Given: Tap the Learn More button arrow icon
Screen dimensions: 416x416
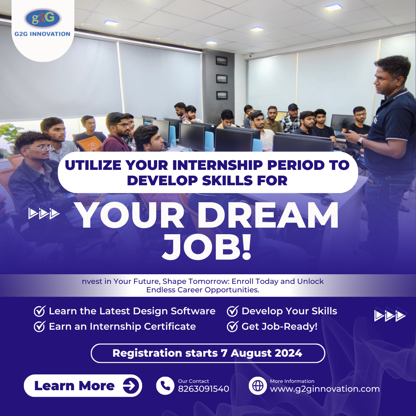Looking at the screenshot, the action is pos(131,386).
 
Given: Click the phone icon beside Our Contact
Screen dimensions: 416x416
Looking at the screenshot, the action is pos(165,386).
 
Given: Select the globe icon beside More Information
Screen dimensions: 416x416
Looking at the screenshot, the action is pos(258,386).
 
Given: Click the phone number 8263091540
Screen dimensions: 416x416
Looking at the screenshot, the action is pos(203,389).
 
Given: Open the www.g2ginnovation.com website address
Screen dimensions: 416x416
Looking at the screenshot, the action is pos(325,389).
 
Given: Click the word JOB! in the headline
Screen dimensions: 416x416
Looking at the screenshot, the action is pos(206,247).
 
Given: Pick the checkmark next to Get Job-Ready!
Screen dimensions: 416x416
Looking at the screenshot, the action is pos(232,326).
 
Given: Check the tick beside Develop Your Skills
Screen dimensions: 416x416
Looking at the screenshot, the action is pos(232,311).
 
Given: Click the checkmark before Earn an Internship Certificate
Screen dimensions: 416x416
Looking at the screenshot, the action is pos(40,326).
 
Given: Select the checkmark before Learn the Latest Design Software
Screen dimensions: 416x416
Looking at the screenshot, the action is pos(40,311).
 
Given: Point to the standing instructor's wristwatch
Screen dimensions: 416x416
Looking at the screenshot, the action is pos(360,142).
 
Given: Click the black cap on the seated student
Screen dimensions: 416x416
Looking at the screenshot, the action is pos(293,107).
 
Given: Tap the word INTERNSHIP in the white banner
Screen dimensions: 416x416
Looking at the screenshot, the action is pos(218,165).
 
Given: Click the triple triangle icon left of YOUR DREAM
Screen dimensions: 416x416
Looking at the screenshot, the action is pos(44,213).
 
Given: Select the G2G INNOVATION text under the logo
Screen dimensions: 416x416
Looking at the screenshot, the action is pos(42,34).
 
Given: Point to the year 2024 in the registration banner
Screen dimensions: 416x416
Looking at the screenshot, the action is pos(289,353).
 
